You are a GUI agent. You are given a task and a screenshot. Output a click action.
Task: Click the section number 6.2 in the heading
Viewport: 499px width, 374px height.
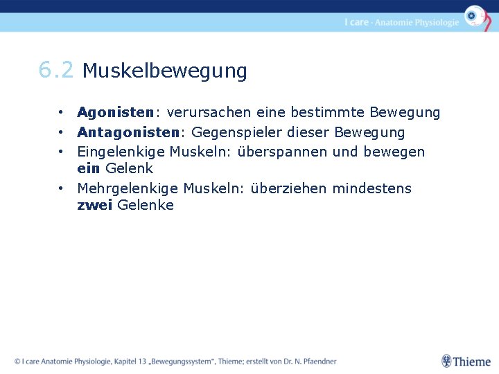(x=55, y=70)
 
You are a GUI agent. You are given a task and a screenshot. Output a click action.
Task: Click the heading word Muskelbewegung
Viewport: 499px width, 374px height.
(x=164, y=71)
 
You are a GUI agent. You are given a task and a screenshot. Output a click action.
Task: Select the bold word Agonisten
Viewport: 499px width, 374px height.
(x=114, y=112)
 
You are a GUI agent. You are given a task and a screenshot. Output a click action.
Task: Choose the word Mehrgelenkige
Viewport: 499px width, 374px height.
(x=128, y=188)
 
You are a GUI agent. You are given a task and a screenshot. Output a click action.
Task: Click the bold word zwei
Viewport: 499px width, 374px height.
(x=94, y=205)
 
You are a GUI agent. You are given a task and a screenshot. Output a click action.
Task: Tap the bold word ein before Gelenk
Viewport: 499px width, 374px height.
(x=88, y=168)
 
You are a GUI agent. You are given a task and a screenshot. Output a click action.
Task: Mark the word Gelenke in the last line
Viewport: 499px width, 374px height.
(x=146, y=205)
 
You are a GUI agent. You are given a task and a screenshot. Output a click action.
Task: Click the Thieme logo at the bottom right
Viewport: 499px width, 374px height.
(x=466, y=361)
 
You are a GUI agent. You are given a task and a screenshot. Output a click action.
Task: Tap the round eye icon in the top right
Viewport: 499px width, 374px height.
(x=475, y=15)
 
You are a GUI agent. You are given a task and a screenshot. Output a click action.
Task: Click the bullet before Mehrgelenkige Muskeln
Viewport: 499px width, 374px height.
(x=62, y=188)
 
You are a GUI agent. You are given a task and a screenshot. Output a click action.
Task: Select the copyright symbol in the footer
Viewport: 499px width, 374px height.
(x=17, y=361)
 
